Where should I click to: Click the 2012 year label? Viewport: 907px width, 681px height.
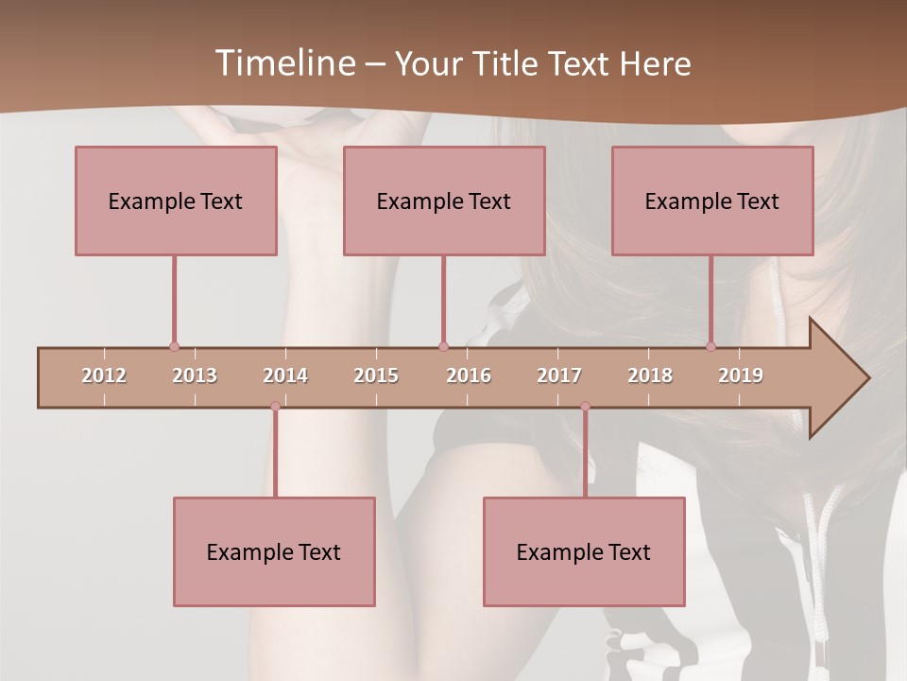pos(104,375)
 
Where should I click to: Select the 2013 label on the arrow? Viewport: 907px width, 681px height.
pos(195,375)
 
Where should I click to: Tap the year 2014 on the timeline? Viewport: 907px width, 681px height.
pos(285,375)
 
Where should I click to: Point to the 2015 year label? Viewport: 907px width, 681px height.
pos(376,375)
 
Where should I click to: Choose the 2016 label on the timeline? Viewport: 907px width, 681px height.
pos(469,375)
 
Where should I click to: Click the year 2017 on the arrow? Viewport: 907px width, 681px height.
pos(559,375)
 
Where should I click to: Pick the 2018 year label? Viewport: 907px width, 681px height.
pos(650,375)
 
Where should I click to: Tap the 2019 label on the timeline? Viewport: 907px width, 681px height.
pos(741,375)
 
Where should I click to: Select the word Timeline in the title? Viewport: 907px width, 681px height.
pos(284,63)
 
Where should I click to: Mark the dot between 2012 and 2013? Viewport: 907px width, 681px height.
pos(174,346)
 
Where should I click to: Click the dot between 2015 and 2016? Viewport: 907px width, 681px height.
pos(443,346)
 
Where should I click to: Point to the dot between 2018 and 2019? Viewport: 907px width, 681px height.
pos(711,346)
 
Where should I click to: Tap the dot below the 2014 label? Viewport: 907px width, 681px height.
pos(275,407)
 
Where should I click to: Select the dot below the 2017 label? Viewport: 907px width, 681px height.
pos(585,407)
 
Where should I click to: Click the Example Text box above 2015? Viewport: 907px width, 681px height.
pos(443,201)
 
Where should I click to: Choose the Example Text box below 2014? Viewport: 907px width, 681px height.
pos(274,551)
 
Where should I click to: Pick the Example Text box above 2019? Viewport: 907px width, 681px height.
pos(712,201)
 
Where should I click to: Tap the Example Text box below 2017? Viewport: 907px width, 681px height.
pos(584,551)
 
